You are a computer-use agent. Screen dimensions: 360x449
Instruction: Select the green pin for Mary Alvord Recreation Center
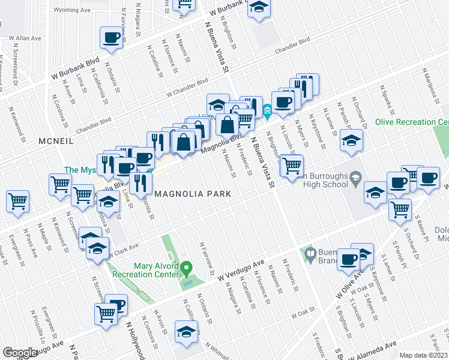pos(186,267)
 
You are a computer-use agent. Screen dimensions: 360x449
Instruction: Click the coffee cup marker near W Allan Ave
pos(112,38)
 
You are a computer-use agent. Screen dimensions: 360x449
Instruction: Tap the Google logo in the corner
pos(20,353)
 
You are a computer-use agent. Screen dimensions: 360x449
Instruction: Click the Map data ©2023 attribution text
pos(423,355)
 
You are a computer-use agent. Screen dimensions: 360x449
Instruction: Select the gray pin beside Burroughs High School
pos(355,176)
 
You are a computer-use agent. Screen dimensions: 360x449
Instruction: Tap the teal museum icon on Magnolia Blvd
pos(267,110)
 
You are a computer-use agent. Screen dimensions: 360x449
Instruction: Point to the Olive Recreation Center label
pos(412,122)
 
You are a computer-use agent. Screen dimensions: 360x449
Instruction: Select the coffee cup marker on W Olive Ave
pos(348,259)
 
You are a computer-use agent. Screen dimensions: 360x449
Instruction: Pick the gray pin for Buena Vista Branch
pos(310,254)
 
